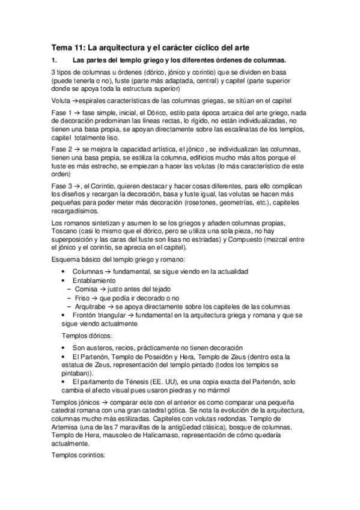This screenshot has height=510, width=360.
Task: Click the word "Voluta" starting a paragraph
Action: point(61,102)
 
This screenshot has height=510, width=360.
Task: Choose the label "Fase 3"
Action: point(61,186)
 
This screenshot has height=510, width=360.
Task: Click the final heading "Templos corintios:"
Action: point(79,455)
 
